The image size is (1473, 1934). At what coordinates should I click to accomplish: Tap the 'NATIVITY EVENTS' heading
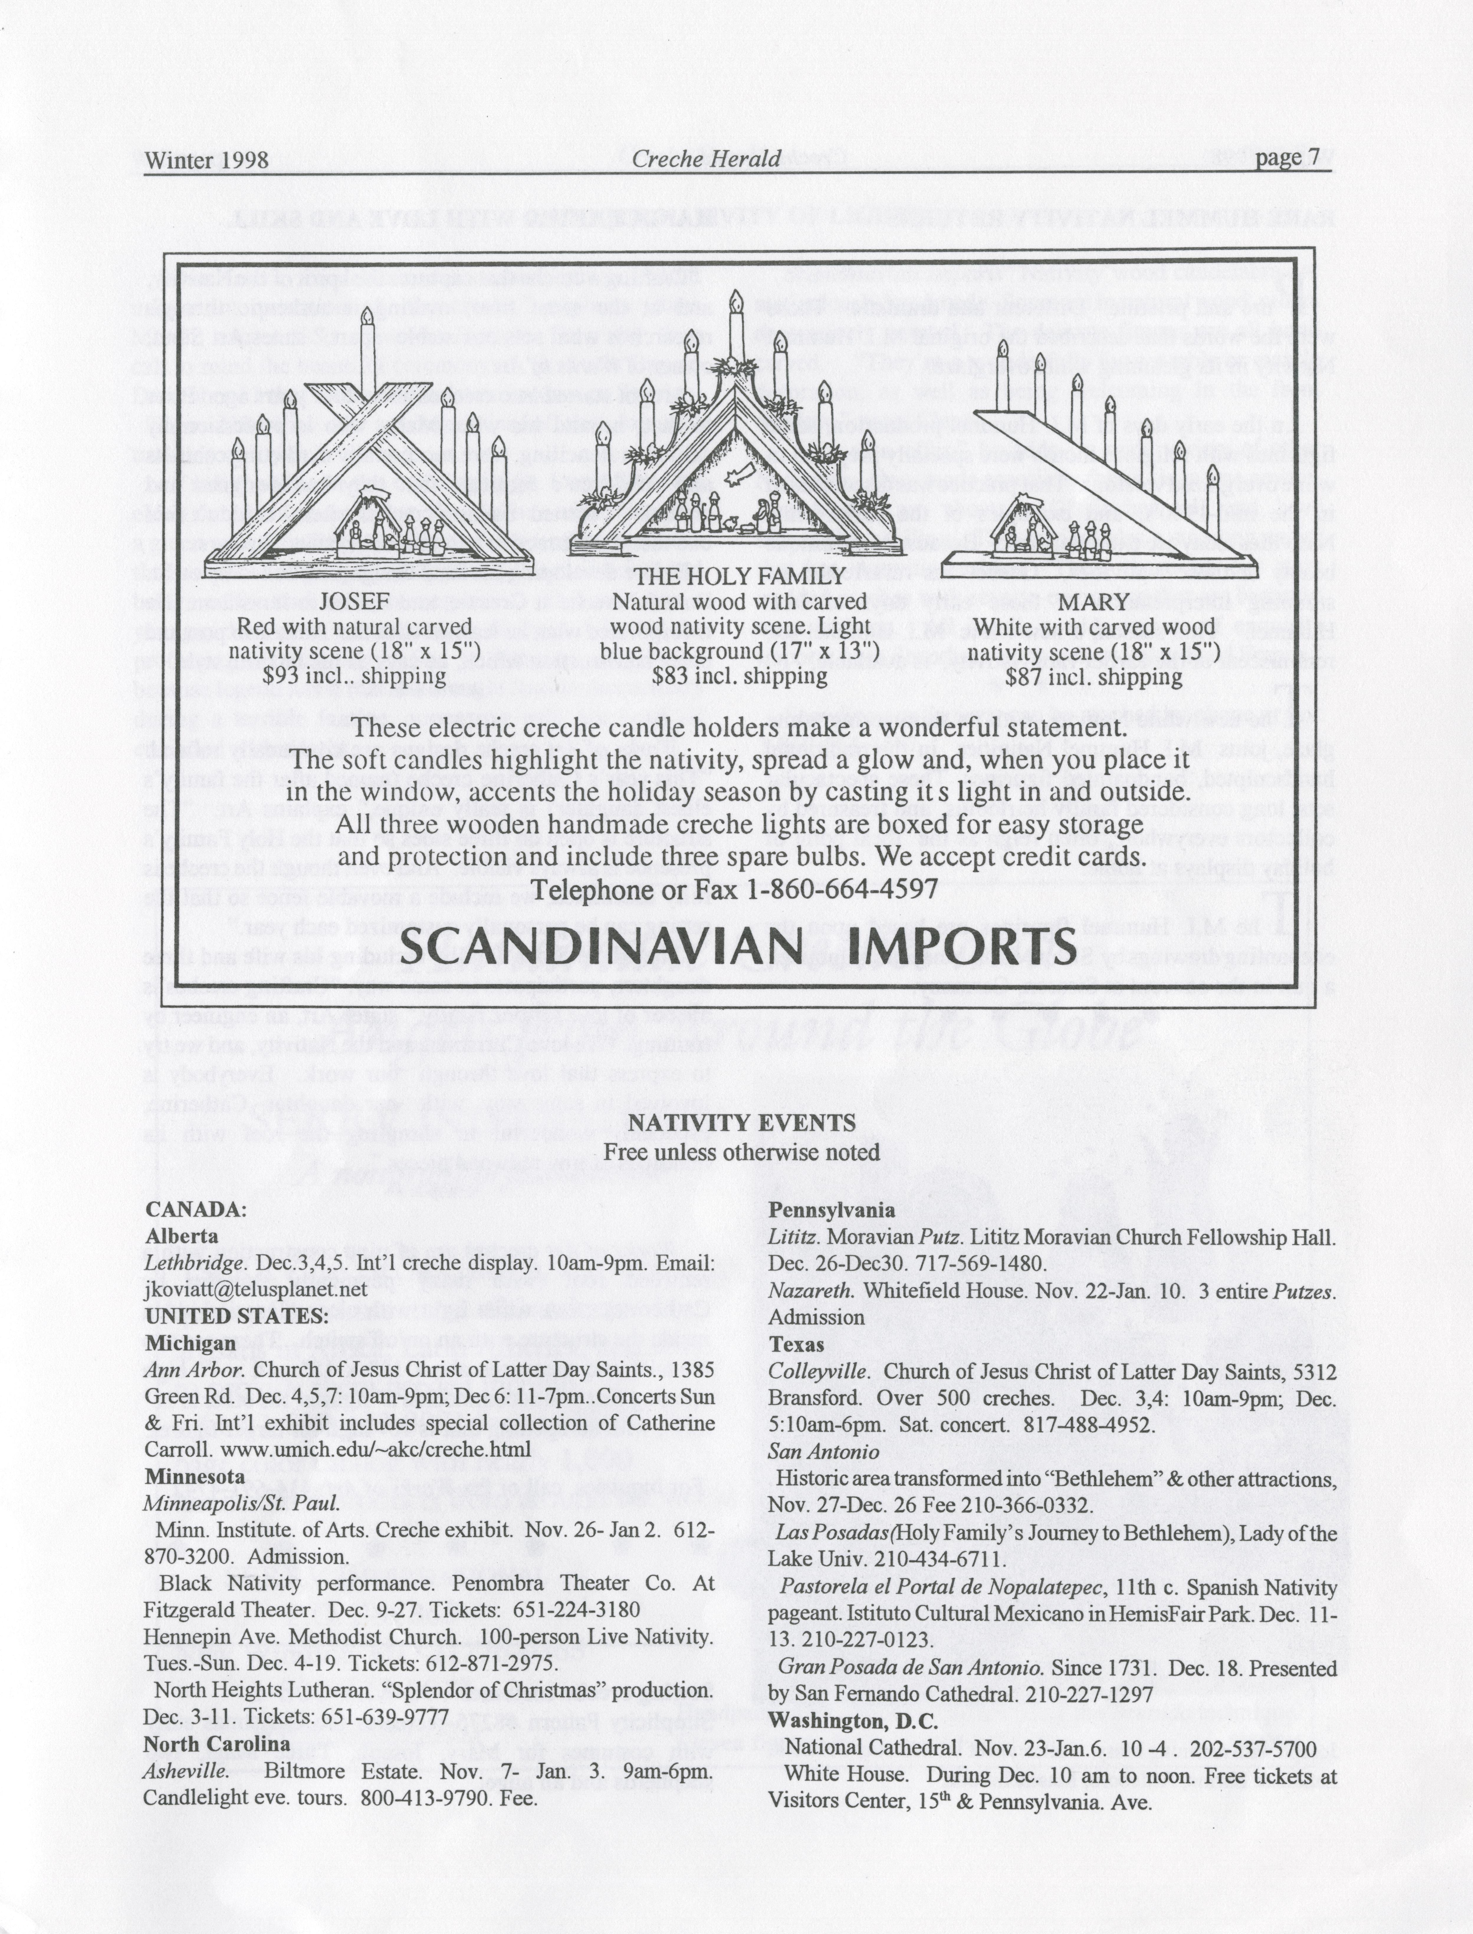[x=741, y=1123]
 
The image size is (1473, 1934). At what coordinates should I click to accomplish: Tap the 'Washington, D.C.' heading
[x=852, y=1721]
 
